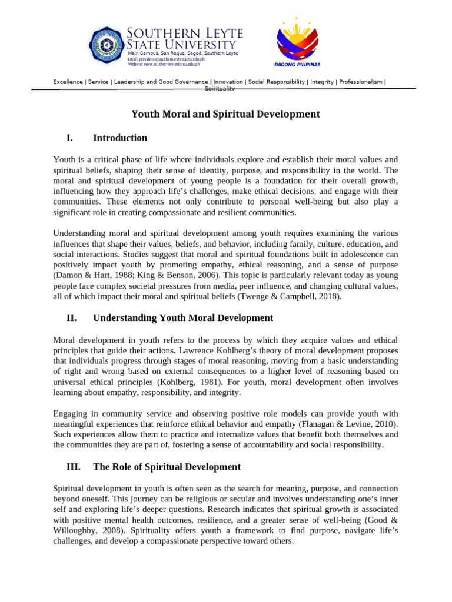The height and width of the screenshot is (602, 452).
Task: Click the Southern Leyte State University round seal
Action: [107, 45]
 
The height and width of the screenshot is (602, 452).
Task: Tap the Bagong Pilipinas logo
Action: [297, 42]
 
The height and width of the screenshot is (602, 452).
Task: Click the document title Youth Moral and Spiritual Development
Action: [225, 114]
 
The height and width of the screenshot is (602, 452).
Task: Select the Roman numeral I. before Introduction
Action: [69, 138]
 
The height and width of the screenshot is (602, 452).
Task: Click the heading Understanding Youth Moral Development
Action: [183, 318]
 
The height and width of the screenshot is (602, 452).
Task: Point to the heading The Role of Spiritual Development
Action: [167, 467]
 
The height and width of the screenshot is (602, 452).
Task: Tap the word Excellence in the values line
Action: [68, 82]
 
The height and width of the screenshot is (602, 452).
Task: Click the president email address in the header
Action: [167, 59]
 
